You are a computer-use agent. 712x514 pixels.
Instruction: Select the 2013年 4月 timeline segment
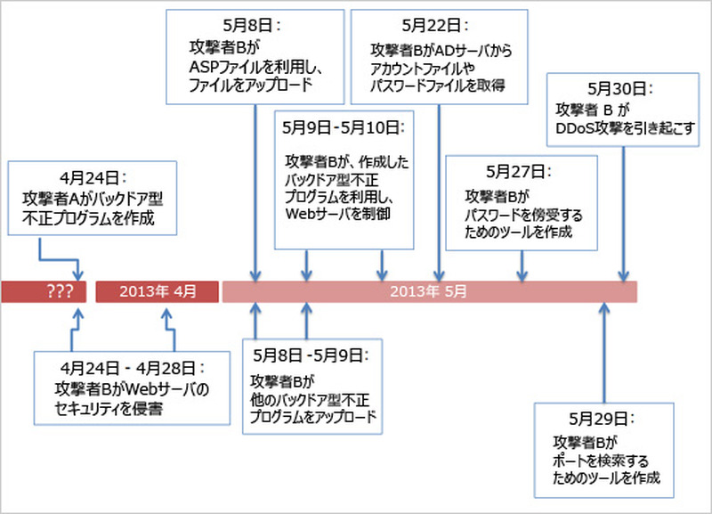click(x=157, y=291)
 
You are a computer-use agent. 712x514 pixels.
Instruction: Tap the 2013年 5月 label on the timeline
click(x=429, y=291)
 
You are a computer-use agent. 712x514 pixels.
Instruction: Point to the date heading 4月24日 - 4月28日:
click(x=133, y=366)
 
